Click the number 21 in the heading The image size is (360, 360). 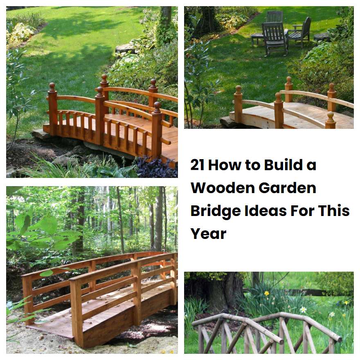click(x=198, y=165)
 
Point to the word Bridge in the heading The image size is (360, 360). click(x=215, y=211)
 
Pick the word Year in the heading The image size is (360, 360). click(x=208, y=234)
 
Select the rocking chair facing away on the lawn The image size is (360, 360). click(x=274, y=37)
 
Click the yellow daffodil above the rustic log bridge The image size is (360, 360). click(x=267, y=293)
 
